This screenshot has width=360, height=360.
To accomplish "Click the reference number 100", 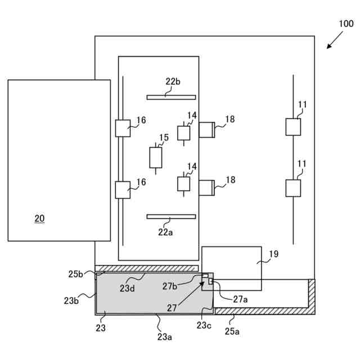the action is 346,24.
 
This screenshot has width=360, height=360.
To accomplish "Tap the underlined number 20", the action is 39,218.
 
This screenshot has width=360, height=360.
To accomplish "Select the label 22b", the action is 173,82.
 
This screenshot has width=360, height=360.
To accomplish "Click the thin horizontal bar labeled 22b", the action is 171,97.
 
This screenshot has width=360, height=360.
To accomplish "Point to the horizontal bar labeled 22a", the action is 171,217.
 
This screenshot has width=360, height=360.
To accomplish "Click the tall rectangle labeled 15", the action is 156,157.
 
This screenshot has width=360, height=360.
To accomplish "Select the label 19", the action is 274,254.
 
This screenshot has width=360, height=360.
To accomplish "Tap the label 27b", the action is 170,286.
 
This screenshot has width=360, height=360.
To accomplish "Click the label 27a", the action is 240,299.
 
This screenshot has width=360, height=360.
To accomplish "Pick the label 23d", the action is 127,289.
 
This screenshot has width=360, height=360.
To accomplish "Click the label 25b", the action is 75,274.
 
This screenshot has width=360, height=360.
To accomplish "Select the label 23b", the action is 71,300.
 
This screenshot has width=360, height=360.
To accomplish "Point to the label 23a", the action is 165,337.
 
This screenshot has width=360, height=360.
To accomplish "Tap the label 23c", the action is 204,325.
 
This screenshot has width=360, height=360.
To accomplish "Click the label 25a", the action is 232,331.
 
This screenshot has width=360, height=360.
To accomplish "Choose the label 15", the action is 164,137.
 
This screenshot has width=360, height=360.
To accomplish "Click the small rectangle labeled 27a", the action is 210,281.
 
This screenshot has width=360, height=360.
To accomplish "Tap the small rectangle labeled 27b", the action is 205,276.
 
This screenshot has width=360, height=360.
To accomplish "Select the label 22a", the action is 165,232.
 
